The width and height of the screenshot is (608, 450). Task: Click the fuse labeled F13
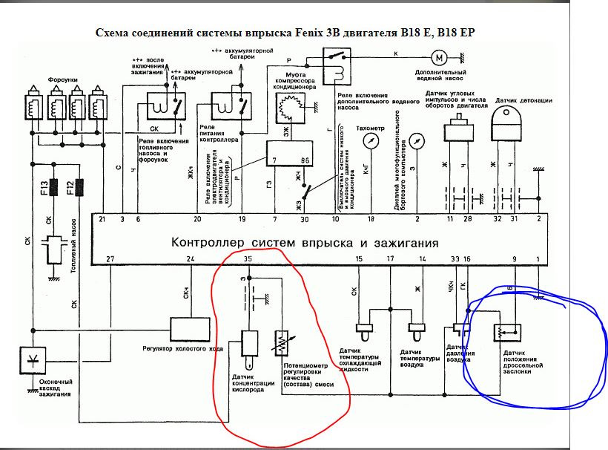pyautogui.click(x=45, y=187)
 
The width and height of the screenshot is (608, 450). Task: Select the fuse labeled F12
pyautogui.click(x=74, y=187)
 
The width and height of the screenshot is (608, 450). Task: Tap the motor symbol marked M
pyautogui.click(x=439, y=56)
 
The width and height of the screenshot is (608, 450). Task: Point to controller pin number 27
pyautogui.click(x=110, y=258)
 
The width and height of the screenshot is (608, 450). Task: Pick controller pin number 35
pyautogui.click(x=249, y=258)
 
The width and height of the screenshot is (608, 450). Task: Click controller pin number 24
pyautogui.click(x=191, y=258)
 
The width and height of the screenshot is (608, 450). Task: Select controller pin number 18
pyautogui.click(x=371, y=220)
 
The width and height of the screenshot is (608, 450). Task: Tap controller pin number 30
pyautogui.click(x=304, y=220)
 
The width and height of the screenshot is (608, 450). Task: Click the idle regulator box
pyautogui.click(x=191, y=327)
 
